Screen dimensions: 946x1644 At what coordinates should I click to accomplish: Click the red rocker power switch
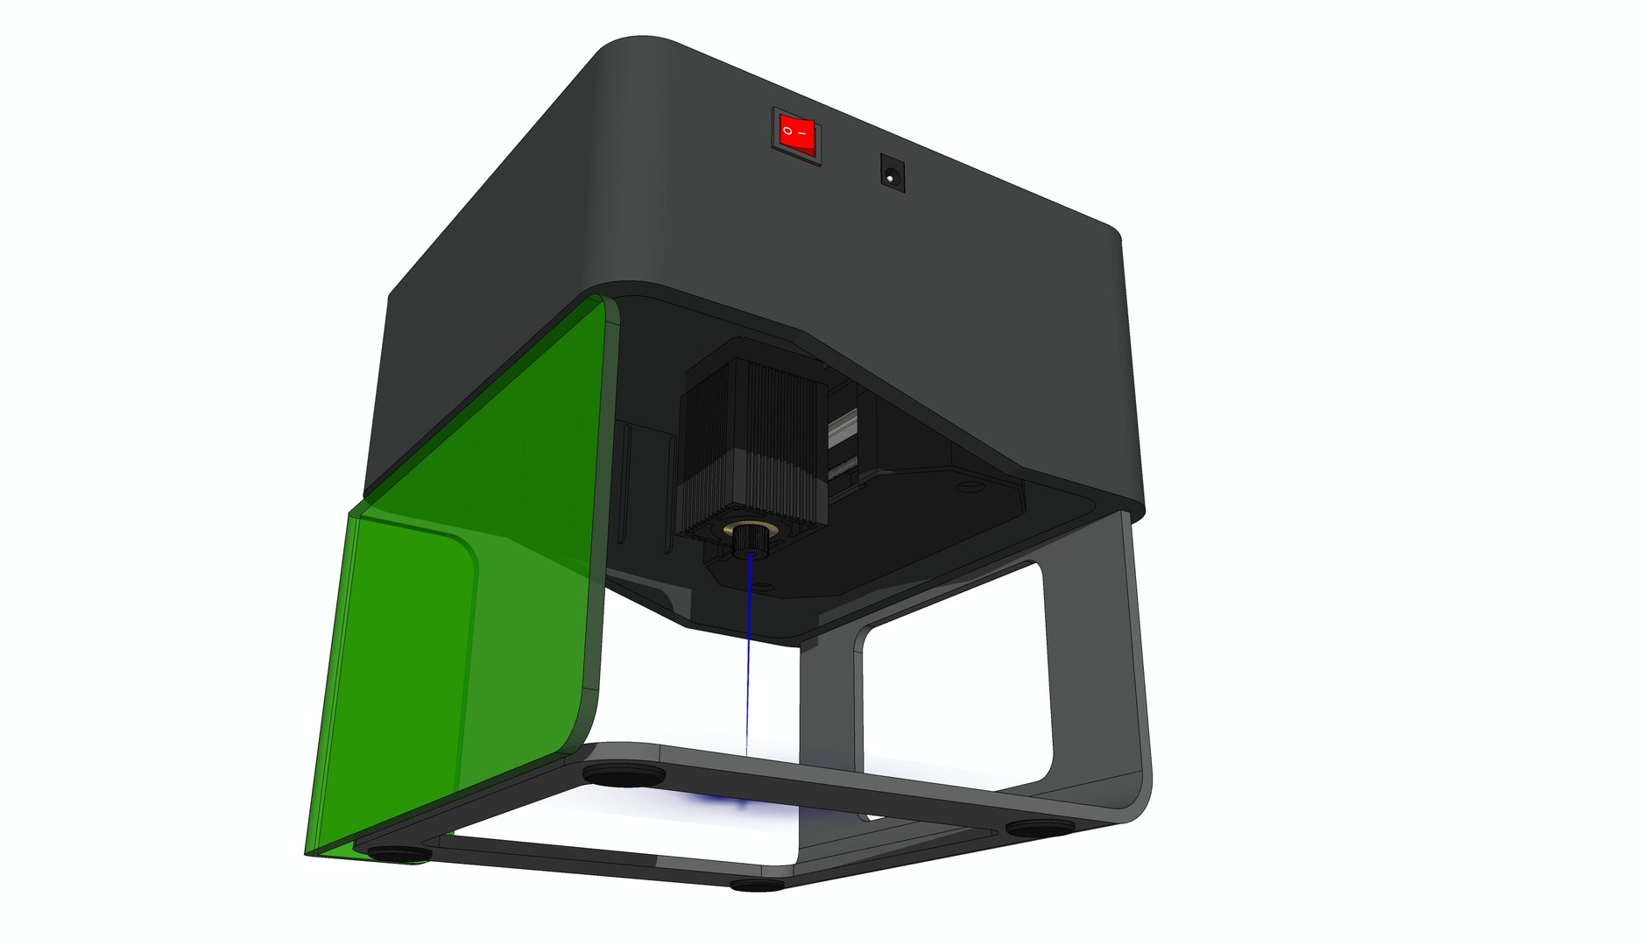click(x=796, y=136)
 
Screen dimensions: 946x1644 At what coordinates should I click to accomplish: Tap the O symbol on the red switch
click(x=787, y=131)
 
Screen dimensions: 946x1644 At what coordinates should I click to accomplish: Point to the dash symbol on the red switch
click(x=803, y=137)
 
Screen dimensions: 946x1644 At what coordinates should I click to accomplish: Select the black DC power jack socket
click(x=892, y=173)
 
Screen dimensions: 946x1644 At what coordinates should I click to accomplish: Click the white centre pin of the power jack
click(x=892, y=178)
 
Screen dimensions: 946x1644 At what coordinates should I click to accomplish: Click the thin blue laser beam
click(x=748, y=666)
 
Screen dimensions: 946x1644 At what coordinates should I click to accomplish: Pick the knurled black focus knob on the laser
click(x=747, y=542)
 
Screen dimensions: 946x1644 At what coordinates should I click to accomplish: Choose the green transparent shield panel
click(x=464, y=596)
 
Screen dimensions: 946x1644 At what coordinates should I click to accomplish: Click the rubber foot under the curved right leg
click(x=1040, y=825)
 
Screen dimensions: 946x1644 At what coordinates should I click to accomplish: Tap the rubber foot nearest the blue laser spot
click(x=623, y=774)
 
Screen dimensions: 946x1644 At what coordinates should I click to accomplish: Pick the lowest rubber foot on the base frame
click(x=758, y=885)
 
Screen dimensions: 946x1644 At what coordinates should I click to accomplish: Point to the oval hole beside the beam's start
click(x=764, y=585)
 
